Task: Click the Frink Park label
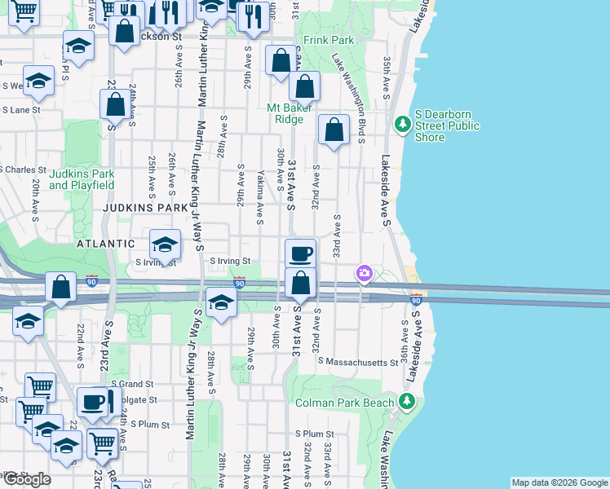pos(329,39)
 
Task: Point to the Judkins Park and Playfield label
pos(82,179)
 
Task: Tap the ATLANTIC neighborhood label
pos(105,244)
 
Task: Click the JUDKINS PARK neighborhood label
pos(140,208)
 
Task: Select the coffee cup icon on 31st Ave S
pos(301,253)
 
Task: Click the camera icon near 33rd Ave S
pos(364,274)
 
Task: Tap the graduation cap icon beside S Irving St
pos(165,244)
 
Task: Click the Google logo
pos(27,479)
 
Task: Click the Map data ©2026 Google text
pos(559,482)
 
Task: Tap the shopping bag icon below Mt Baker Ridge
pos(334,129)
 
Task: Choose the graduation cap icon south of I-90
pos(220,302)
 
